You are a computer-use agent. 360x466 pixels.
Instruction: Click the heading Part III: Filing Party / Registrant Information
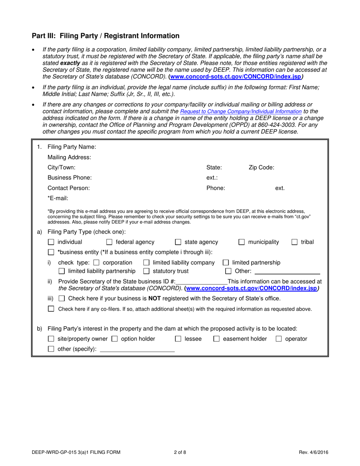pos(105,36)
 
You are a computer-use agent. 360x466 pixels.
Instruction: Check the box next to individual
pos(51,242)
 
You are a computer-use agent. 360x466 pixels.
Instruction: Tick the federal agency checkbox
pos(109,242)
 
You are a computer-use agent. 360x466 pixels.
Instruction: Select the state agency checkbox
pos(178,242)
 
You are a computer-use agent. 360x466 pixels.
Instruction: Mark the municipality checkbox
pos(241,242)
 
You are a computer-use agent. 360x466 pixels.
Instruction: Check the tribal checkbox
pos(294,242)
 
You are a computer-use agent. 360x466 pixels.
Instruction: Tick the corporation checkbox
pos(96,263)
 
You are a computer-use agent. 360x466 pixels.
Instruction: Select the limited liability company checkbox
pos(146,263)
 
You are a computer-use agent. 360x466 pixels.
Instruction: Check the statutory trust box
pos(146,271)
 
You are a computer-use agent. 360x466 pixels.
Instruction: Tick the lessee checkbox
pos(178,339)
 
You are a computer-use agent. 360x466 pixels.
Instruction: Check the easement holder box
pos(216,339)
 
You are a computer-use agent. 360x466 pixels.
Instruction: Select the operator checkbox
pos(279,339)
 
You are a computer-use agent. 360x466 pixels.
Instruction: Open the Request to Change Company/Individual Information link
pos(241,112)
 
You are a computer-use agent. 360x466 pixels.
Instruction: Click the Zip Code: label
pos(261,167)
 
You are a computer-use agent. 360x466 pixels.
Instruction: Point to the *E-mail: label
pos(58,198)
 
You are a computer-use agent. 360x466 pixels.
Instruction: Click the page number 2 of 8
pos(180,452)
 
